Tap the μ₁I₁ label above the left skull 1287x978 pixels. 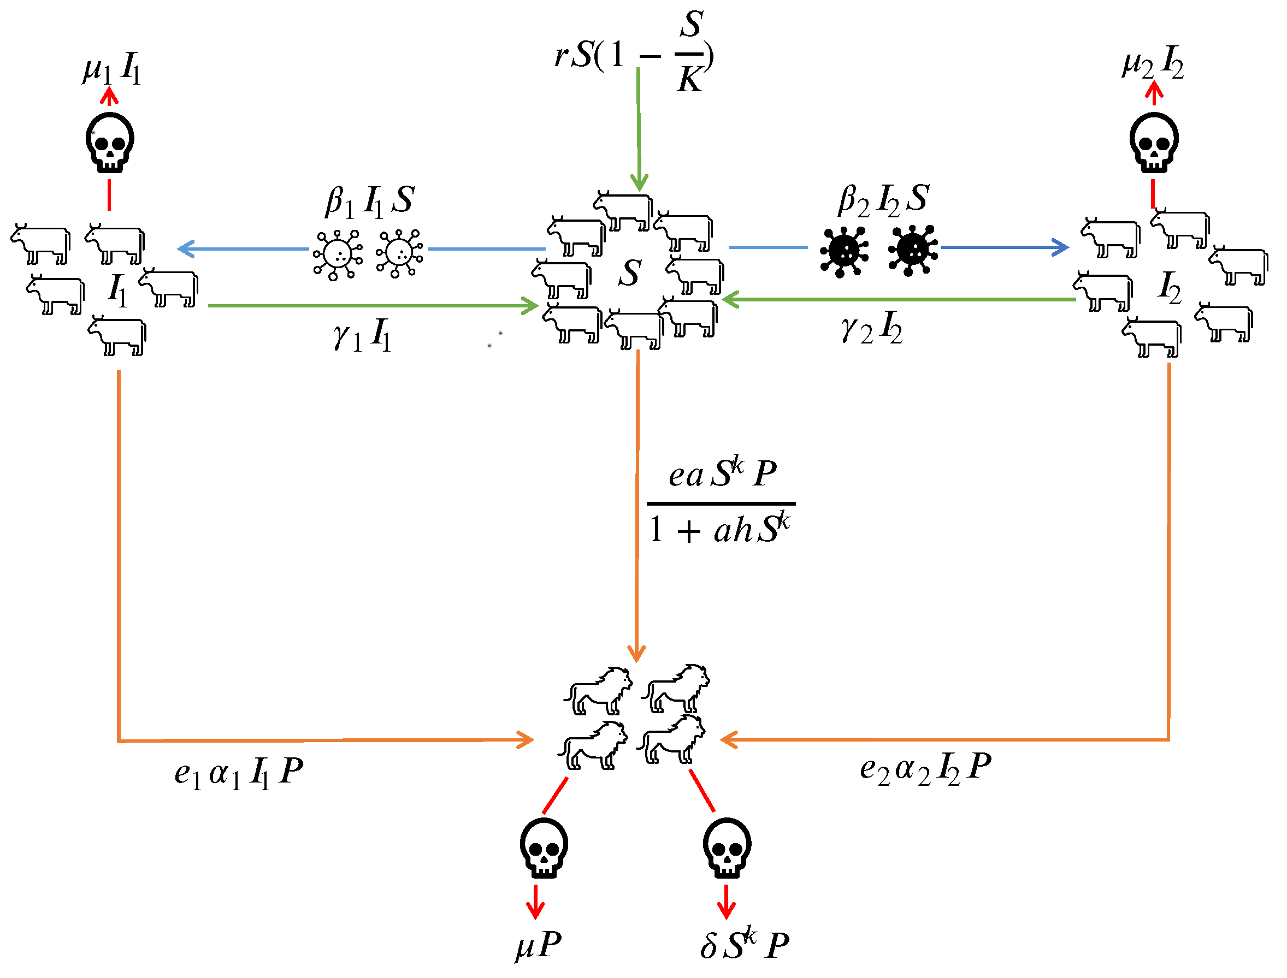(x=112, y=69)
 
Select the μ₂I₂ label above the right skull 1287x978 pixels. (x=1153, y=63)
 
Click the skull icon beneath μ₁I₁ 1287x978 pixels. (x=109, y=143)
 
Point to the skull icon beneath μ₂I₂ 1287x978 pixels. (x=1154, y=143)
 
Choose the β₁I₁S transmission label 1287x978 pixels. (x=370, y=201)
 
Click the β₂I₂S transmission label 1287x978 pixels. (x=883, y=200)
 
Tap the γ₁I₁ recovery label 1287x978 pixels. (x=362, y=335)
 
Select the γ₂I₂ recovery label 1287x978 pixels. (x=872, y=328)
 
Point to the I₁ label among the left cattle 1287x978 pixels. (x=117, y=289)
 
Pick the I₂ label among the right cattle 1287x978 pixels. (x=1170, y=287)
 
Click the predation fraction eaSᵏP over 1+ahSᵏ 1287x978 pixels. (x=721, y=502)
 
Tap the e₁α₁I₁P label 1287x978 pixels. (x=239, y=773)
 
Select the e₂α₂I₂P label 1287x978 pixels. (x=925, y=768)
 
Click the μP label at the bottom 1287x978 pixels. (x=539, y=944)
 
